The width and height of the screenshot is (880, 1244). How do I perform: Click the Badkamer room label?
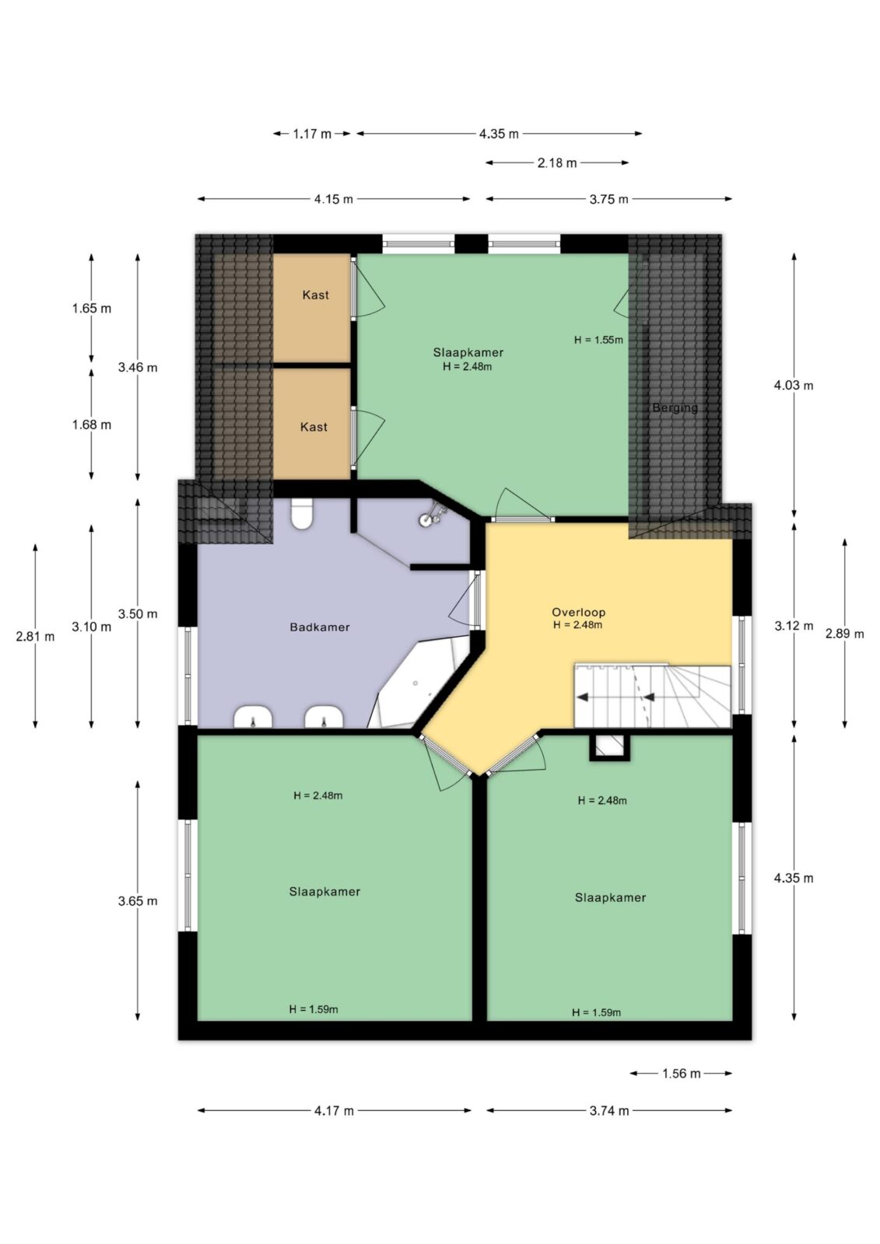[320, 627]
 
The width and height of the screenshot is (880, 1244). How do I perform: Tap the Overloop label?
[578, 612]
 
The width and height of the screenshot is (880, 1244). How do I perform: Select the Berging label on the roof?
[675, 407]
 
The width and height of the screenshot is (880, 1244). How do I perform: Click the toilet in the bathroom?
[302, 513]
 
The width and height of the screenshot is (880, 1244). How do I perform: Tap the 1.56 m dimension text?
[681, 1074]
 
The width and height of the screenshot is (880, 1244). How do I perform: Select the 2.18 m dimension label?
[557, 162]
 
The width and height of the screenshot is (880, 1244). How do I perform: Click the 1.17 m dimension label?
[312, 134]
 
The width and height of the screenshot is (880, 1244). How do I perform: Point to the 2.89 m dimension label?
[844, 634]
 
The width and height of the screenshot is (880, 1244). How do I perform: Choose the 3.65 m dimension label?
[137, 901]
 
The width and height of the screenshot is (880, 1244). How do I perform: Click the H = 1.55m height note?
[598, 340]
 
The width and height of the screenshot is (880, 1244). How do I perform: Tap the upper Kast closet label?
[315, 295]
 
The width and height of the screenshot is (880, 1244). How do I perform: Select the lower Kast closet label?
[314, 427]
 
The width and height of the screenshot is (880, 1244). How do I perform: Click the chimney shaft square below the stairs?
[609, 747]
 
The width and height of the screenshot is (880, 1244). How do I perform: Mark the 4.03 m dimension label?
[794, 386]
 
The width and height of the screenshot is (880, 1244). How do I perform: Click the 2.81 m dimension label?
[35, 637]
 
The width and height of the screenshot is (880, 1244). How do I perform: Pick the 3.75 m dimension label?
[608, 199]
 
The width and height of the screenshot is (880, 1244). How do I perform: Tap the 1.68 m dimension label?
[92, 425]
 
